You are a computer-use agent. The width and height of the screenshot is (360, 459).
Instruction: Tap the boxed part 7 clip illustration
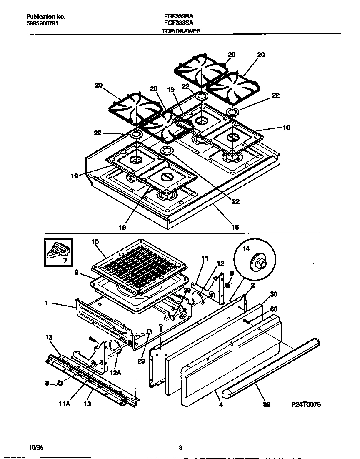click(x=58, y=252)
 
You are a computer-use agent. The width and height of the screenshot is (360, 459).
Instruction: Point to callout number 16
click(x=235, y=227)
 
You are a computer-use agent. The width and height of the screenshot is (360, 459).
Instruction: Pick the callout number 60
click(x=274, y=309)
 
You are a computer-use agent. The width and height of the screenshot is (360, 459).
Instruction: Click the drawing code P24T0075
click(x=306, y=404)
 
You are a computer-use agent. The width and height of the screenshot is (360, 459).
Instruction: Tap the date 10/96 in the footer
click(x=37, y=448)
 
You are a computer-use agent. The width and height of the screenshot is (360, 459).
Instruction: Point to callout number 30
click(x=274, y=294)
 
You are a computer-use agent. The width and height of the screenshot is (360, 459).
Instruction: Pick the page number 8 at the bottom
click(x=180, y=448)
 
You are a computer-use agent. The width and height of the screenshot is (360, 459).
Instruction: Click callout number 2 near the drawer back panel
click(x=253, y=285)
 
